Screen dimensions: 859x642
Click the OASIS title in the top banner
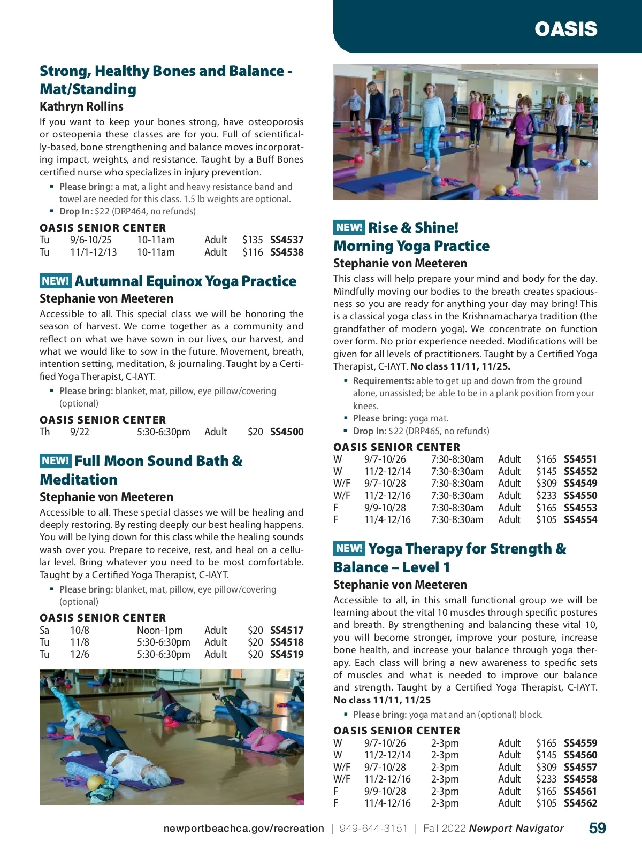coord(565,29)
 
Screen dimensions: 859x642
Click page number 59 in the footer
coord(597,828)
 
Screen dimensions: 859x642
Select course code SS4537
coord(287,240)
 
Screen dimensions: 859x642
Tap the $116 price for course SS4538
coord(252,252)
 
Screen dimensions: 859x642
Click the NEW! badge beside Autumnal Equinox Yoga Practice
coord(55,281)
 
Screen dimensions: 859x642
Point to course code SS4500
coord(287,432)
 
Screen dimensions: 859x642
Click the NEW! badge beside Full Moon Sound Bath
coord(55,461)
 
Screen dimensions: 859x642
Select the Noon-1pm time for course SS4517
coord(159,630)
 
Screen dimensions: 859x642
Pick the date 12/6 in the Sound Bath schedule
coord(80,654)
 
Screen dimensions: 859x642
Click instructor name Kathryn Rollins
coord(81,106)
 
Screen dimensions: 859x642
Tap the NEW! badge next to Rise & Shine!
coord(349,227)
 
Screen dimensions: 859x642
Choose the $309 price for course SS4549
coord(546,483)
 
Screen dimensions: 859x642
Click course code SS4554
coord(580,519)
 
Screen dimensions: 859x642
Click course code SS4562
coord(580,803)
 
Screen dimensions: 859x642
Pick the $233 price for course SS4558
coord(546,779)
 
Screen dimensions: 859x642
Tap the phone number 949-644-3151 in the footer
coord(373,829)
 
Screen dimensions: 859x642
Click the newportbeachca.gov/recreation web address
coord(243,829)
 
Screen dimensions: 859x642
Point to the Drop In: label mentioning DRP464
coord(76,211)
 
